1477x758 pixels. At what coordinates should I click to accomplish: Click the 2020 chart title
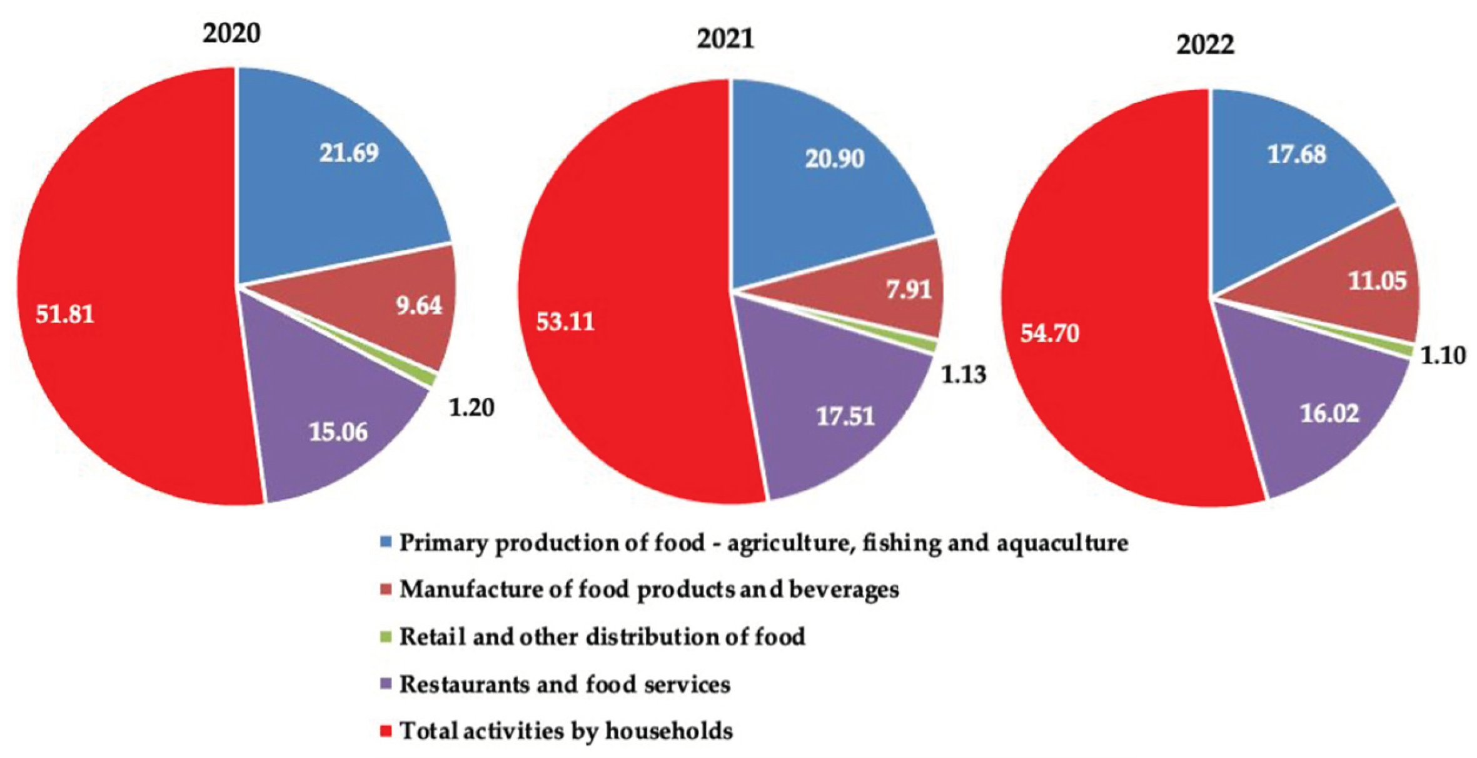coord(231,32)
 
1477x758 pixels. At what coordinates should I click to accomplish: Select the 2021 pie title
coord(725,39)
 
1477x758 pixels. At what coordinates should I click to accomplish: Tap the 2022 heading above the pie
coord(1205,45)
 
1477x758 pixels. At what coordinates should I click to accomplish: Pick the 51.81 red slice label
coord(65,314)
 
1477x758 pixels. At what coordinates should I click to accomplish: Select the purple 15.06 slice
coord(338,432)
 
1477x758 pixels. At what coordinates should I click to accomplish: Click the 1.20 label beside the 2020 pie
coord(471,408)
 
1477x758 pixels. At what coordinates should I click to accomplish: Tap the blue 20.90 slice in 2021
coord(834,159)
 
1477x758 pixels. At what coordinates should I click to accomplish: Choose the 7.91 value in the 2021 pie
coord(909,290)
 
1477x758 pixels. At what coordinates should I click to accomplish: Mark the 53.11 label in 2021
coord(565,322)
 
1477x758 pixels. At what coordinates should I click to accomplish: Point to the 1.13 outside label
coord(964,375)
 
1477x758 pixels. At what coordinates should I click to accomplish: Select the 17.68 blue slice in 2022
coord(1296,154)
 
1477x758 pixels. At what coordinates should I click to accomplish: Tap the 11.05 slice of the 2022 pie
coord(1377,281)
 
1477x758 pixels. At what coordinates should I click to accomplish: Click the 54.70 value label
coord(1050,333)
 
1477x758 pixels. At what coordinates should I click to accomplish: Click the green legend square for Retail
coord(386,637)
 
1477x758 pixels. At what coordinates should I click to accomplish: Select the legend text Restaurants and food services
coord(565,684)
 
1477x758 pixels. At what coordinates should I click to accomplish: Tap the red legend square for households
coord(386,731)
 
